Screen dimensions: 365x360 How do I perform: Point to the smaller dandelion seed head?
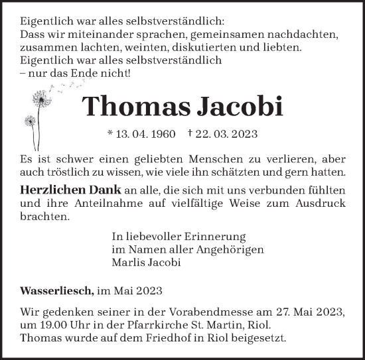30,121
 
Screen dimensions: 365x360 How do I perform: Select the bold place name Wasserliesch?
52,290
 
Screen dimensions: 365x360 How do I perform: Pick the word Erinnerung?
214,236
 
